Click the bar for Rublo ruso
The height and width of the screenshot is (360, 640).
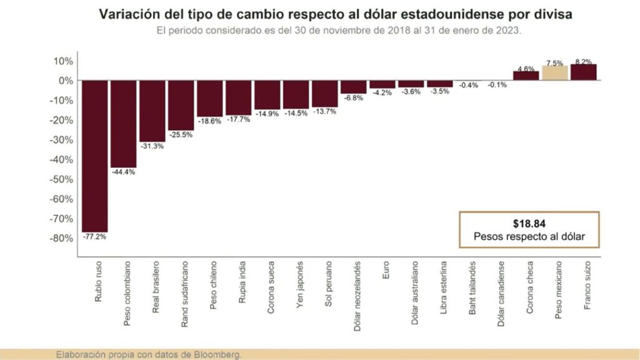coord(95,156)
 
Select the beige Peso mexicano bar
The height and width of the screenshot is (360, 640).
coord(555,73)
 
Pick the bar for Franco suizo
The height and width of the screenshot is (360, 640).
coord(584,72)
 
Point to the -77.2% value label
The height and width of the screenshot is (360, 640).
coord(95,237)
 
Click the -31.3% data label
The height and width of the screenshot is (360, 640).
coord(152,146)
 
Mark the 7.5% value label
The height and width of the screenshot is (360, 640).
coord(555,62)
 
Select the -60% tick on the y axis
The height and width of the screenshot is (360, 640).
coord(61,199)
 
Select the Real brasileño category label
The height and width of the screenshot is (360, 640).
coord(153,289)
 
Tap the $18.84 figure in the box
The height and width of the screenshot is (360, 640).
coord(528,223)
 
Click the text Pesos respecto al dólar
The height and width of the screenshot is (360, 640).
coord(528,237)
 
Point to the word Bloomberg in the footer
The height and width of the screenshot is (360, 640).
coord(220,354)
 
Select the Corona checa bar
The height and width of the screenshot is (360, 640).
coord(526,76)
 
